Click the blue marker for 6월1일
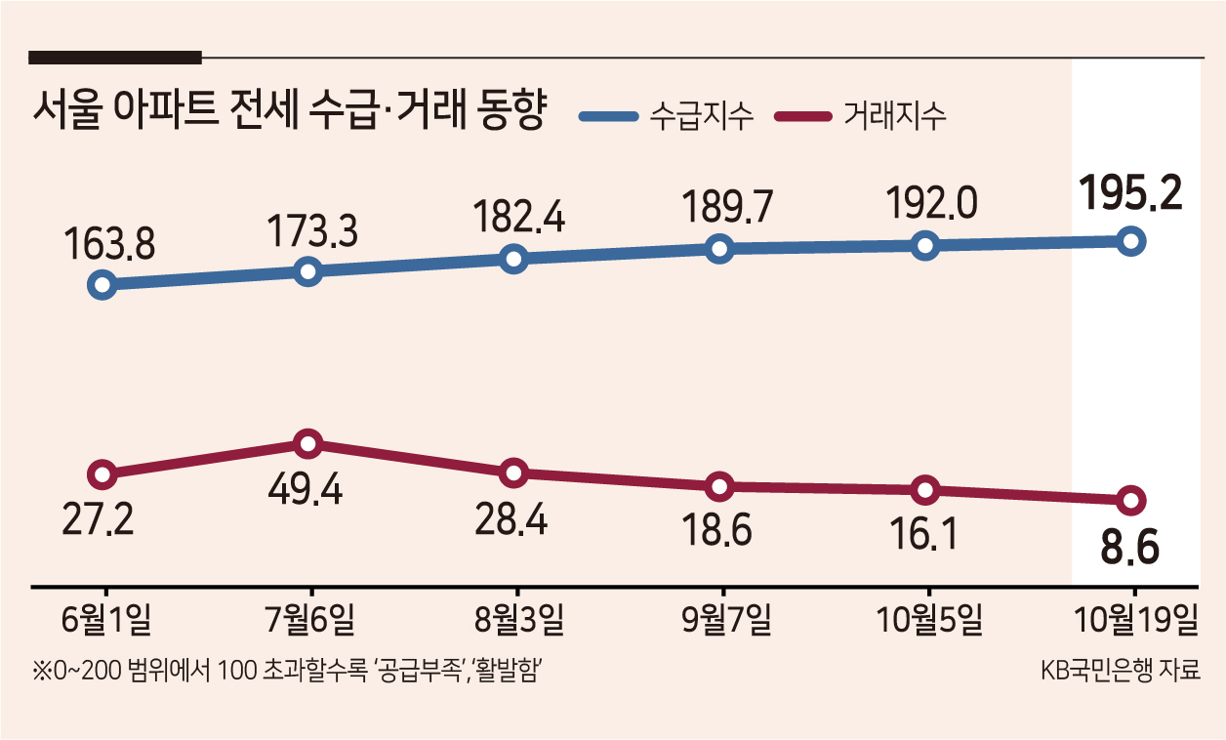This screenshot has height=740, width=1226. coord(102,285)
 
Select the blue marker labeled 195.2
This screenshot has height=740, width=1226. coord(1130,241)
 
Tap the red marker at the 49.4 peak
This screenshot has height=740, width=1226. coord(308,444)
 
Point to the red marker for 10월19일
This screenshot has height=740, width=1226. coord(1130,500)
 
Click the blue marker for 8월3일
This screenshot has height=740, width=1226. coord(514,259)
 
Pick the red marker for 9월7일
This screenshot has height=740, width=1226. coord(719,486)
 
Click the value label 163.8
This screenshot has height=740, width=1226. coord(109,243)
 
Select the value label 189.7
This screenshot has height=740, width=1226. coord(727,206)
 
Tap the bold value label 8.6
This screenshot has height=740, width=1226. coord(1129,547)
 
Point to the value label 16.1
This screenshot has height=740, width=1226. coord(923,534)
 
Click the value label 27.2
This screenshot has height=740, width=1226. coord(98,518)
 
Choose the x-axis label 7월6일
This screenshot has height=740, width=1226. coord(309,619)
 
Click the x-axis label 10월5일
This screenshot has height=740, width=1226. coord(929,619)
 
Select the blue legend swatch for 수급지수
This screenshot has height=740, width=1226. coord(609,116)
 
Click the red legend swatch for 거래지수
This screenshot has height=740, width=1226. coord(803,116)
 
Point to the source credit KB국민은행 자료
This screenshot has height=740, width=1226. coord(1121,670)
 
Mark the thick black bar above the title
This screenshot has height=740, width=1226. coord(115,58)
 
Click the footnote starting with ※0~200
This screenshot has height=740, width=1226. coord(287,670)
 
